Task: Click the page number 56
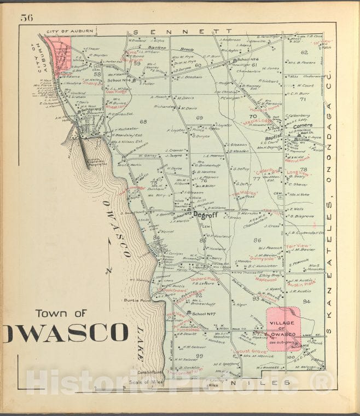[x=27, y=17]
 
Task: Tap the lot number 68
[x=143, y=122]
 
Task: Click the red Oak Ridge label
[x=116, y=93]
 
